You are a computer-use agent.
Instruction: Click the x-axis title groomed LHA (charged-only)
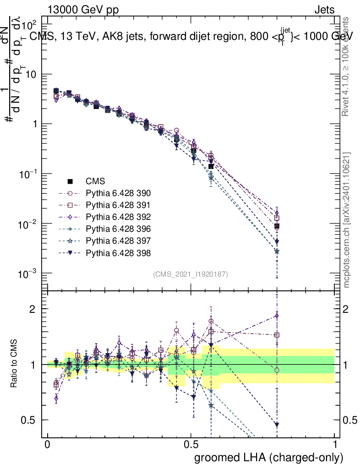coord(269,458)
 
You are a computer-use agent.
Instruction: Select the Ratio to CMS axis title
coord(15,364)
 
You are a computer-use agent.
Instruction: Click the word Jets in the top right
coord(324,9)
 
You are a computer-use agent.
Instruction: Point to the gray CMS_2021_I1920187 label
coord(191,274)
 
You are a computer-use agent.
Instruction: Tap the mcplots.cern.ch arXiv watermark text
coord(347,220)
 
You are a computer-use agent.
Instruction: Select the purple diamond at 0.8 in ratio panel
coord(277,316)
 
